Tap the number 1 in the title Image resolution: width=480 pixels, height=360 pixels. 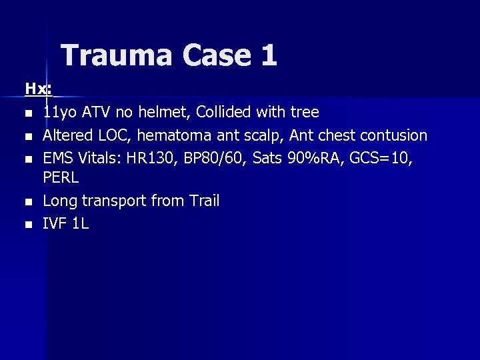tap(269, 55)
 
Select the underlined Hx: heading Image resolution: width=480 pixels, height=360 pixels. tap(39, 89)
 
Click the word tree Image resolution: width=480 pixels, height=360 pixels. tap(305, 112)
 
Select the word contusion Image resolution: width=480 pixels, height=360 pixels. tap(393, 135)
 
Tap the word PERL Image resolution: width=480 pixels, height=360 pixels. tap(61, 178)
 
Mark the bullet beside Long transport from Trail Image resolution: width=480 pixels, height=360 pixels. tap(28, 201)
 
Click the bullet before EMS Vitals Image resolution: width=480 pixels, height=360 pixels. tap(28, 159)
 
